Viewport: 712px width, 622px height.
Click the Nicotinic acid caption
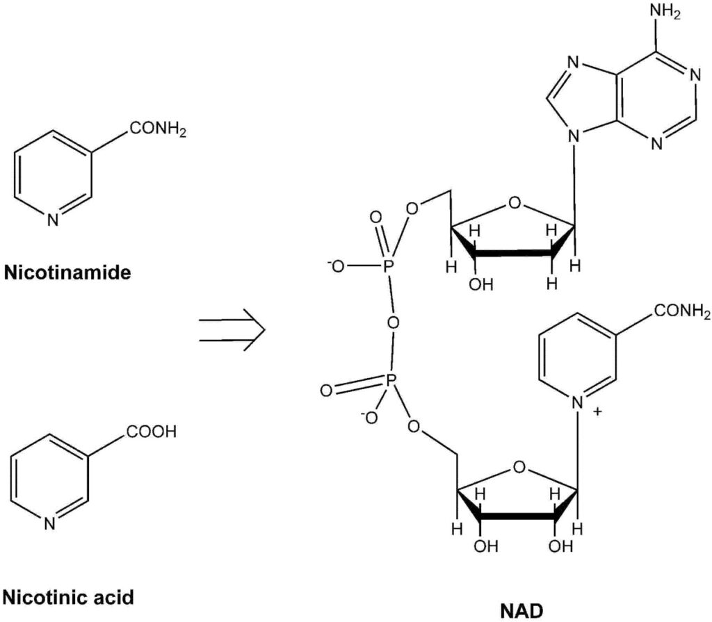pos(68,596)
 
